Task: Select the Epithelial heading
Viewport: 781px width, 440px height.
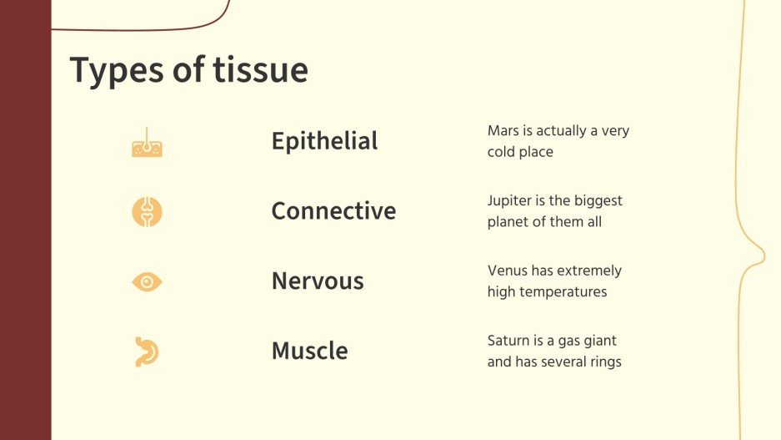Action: tap(324, 141)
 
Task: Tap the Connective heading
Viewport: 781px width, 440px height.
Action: tap(333, 211)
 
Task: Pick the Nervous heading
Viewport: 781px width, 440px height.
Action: tap(318, 281)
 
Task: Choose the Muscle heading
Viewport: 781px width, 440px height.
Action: tap(309, 351)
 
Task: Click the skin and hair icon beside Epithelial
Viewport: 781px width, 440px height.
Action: tap(147, 144)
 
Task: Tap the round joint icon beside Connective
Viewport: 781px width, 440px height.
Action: tap(147, 211)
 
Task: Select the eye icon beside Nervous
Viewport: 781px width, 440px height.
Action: tap(147, 282)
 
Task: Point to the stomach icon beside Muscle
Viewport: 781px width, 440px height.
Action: tap(147, 351)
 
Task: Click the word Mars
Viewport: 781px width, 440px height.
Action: tap(503, 131)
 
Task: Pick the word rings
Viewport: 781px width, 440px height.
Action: tap(604, 362)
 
